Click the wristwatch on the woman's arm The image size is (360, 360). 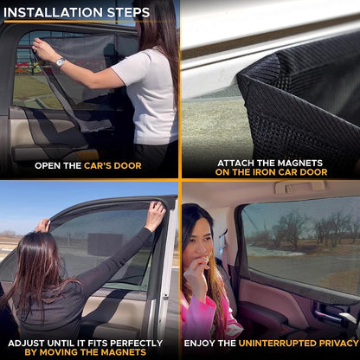pos(60,62)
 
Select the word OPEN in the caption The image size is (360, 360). pos(49,165)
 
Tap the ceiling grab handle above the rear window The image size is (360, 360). pos(299,189)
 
